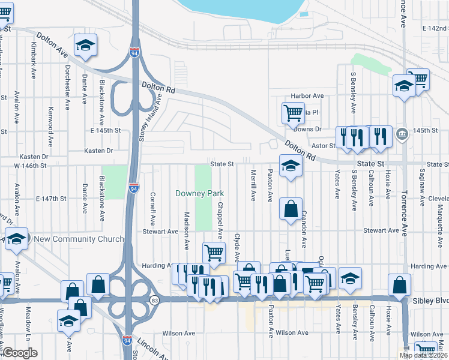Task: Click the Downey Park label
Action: point(199,193)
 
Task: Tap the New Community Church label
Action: point(79,239)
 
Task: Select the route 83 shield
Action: point(155,299)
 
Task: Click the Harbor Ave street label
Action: point(307,96)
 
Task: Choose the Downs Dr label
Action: point(309,129)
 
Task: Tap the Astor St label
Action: point(323,145)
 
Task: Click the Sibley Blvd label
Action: point(430,299)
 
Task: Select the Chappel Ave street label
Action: point(220,220)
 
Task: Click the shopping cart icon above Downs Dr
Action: point(292,112)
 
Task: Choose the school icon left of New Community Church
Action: point(17,239)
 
